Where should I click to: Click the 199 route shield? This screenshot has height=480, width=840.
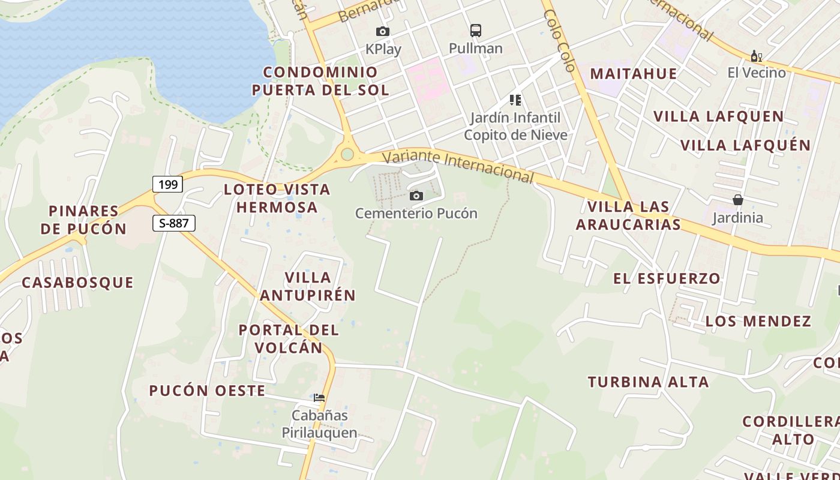(x=167, y=184)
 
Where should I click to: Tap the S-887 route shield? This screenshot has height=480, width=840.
(x=174, y=224)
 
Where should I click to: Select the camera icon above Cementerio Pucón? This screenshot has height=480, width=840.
(x=416, y=196)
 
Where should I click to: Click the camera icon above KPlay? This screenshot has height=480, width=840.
(x=382, y=31)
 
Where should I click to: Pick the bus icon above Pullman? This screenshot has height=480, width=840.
(x=476, y=30)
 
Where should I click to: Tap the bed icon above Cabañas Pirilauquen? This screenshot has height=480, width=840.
(x=319, y=397)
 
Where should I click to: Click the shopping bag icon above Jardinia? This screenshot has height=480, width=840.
(x=737, y=200)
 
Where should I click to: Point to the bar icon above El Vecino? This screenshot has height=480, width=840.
(x=756, y=56)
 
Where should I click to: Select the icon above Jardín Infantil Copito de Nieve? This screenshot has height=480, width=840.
(x=515, y=100)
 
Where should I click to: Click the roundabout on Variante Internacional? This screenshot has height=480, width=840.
(x=347, y=154)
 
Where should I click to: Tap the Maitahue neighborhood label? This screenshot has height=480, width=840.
(x=634, y=74)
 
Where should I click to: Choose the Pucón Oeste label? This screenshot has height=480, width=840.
(x=207, y=391)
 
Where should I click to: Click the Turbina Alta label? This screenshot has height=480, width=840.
(x=648, y=382)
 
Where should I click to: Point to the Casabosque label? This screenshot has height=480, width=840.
(x=77, y=282)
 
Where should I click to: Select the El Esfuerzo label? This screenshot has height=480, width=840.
(x=667, y=278)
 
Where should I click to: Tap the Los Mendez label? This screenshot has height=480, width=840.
(x=758, y=321)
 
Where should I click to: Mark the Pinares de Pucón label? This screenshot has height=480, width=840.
(x=84, y=220)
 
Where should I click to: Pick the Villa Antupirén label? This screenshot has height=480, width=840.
(x=308, y=286)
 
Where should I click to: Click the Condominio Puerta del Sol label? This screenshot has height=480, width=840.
(x=320, y=81)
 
